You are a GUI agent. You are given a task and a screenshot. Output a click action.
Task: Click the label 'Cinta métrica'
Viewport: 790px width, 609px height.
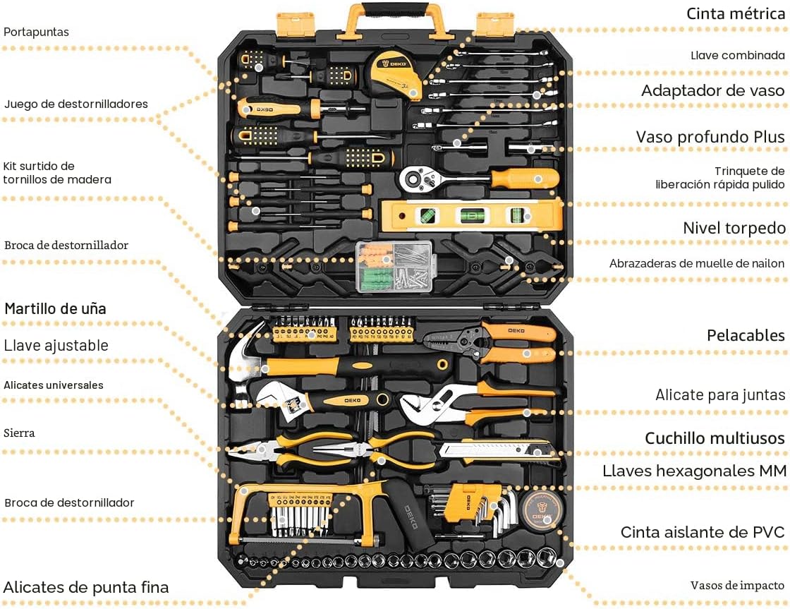pyautogui.click(x=735, y=13)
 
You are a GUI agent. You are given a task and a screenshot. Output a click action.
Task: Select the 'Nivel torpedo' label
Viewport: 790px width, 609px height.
pyautogui.click(x=734, y=228)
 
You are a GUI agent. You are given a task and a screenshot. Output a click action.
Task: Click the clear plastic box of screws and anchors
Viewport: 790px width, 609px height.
pyautogui.click(x=394, y=267)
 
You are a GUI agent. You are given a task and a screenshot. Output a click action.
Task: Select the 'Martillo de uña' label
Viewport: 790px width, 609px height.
pyautogui.click(x=56, y=308)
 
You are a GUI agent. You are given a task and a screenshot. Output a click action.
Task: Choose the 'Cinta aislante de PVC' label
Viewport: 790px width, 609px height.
pyautogui.click(x=703, y=532)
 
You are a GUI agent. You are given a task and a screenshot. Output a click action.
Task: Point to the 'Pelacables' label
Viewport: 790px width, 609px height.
pyautogui.click(x=746, y=335)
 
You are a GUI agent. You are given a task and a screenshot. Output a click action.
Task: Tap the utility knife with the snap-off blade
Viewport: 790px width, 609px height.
pyautogui.click(x=499, y=451)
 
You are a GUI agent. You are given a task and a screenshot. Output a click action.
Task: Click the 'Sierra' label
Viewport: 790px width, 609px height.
pyautogui.click(x=19, y=433)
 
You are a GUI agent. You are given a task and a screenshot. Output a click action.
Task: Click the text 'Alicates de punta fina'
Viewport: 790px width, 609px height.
pyautogui.click(x=86, y=587)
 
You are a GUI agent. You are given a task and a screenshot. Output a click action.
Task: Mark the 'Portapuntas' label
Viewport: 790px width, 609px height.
pyautogui.click(x=36, y=32)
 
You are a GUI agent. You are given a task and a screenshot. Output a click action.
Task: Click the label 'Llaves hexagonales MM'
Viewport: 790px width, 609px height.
pyautogui.click(x=694, y=471)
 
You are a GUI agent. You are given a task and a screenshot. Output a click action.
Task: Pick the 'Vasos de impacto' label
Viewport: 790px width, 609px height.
pyautogui.click(x=737, y=585)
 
